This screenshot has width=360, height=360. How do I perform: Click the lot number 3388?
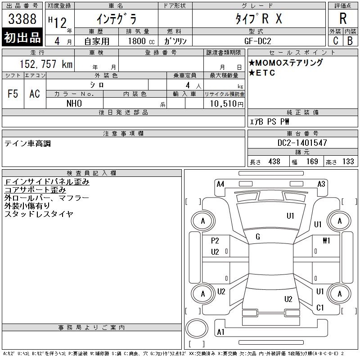click(22, 19)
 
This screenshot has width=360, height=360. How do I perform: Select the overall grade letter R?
click(343, 18)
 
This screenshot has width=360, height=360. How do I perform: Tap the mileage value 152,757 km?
click(46, 64)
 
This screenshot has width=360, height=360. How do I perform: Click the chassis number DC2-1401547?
click(302, 143)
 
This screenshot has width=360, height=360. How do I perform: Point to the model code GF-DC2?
click(257, 41)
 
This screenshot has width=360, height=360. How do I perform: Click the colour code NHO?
click(74, 103)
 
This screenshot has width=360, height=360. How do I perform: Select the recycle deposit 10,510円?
click(226, 104)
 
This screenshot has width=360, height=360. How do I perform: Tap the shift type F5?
click(13, 94)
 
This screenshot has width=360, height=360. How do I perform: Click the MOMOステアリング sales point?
click(286, 63)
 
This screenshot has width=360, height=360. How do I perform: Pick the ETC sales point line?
click(262, 73)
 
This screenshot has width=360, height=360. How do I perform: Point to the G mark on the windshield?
click(258, 237)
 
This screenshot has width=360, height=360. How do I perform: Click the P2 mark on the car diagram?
click(215, 241)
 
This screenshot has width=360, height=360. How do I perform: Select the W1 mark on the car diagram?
click(326, 240)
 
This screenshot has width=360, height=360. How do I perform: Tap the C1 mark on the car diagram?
click(320, 308)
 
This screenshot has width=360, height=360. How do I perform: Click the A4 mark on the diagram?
click(220, 184)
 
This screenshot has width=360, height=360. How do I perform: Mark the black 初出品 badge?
click(22, 37)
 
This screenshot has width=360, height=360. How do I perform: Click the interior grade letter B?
click(350, 41)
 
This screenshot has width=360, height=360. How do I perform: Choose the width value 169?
click(312, 162)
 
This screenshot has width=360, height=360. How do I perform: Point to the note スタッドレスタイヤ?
click(39, 214)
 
